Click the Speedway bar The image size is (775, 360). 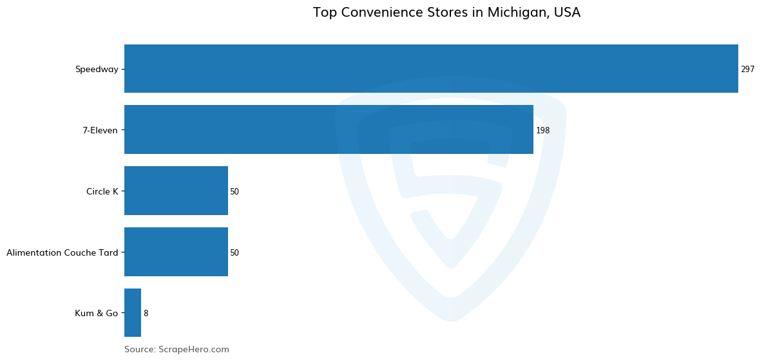point(431,69)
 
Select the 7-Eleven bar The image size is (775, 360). point(329,130)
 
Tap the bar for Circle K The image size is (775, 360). point(176,191)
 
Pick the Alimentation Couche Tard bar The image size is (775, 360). point(176,252)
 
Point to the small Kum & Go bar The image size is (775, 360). point(133,313)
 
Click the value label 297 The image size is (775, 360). point(747,70)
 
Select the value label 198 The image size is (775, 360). point(542,131)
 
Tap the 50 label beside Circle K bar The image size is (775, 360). point(234,192)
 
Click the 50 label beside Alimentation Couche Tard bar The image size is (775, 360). point(234,253)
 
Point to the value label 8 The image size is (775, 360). point(146,314)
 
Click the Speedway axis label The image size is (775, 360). point(97,70)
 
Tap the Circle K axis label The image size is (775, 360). point(102,192)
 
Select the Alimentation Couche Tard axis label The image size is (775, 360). point(62,253)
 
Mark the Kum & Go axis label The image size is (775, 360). point(97,314)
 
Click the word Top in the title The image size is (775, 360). point(325,13)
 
